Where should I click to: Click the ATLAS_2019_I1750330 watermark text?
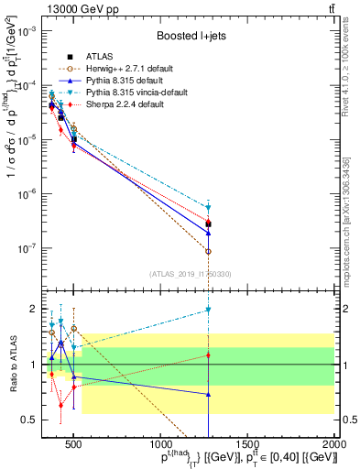(191, 274)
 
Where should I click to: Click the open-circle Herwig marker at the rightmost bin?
(209, 251)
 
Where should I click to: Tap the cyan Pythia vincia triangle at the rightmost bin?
(209, 208)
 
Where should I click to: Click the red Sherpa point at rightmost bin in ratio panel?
(209, 354)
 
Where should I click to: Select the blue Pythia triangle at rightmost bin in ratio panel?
(209, 395)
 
